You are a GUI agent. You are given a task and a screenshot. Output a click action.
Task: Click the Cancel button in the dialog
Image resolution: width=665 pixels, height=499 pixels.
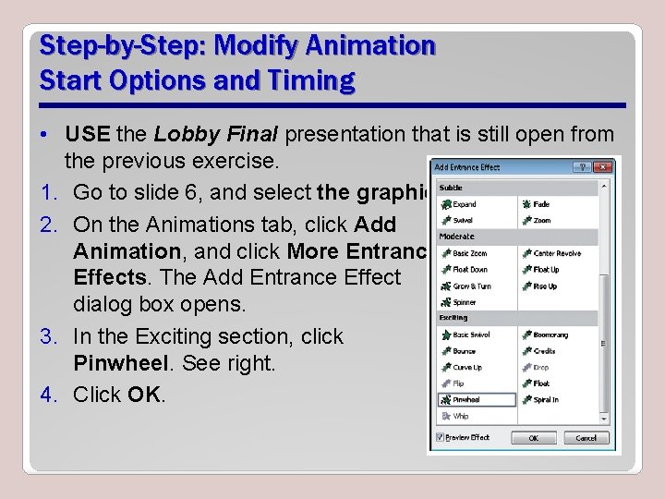point(586,438)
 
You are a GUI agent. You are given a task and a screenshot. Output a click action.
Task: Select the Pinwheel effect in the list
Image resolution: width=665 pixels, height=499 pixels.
point(466,400)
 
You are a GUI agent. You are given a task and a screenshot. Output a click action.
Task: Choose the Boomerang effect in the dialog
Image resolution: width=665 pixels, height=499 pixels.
point(550,335)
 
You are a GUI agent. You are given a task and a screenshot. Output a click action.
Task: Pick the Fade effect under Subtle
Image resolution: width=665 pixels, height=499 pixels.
point(541,204)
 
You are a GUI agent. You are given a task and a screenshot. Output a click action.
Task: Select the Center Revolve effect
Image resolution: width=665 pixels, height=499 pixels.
point(557,253)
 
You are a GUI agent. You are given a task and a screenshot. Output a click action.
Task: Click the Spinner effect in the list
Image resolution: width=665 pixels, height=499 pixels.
point(465,302)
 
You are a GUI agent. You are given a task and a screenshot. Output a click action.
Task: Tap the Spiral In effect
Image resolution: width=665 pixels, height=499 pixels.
point(546,400)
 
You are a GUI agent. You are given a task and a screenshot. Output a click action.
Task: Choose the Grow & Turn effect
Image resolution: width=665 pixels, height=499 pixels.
point(470,286)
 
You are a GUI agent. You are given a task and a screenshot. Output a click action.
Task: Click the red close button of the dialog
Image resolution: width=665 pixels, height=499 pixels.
point(602,167)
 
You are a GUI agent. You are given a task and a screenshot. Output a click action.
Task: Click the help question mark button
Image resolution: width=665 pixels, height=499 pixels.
point(582,167)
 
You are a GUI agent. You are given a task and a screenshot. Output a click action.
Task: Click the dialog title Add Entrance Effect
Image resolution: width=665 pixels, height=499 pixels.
point(468,167)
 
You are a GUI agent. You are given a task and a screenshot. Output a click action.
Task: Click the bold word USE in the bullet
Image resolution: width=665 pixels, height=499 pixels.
point(87,135)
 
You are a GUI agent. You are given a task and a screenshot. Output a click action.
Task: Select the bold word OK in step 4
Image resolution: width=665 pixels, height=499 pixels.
point(144,395)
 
